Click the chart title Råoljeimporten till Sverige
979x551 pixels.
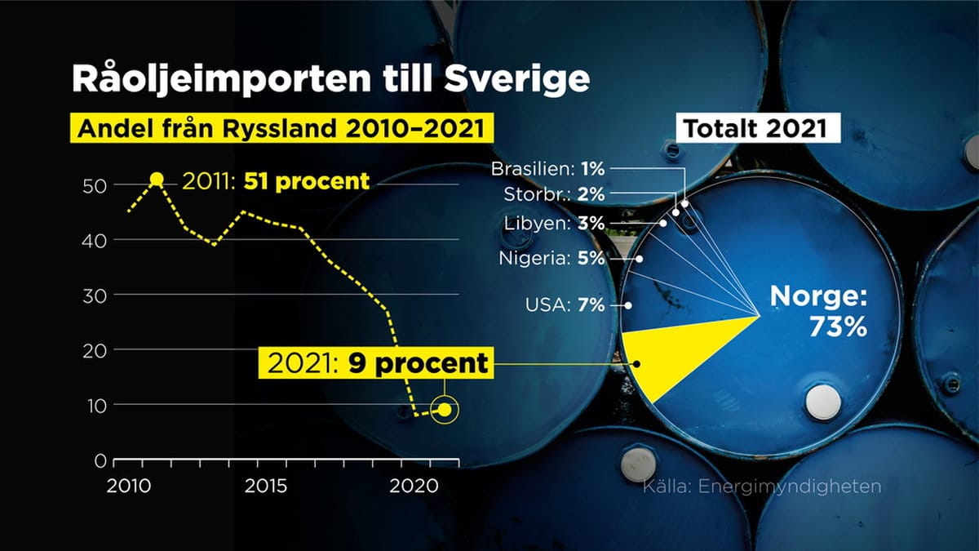331,79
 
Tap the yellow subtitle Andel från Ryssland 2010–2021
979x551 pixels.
282,128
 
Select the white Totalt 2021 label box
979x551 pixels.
758,128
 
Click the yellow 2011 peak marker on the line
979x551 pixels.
157,180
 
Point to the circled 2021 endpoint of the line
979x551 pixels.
445,410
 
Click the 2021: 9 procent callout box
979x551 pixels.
376,363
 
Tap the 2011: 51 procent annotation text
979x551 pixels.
276,181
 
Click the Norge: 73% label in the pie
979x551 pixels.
818,311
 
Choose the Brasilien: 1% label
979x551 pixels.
547,169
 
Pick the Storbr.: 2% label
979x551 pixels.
554,194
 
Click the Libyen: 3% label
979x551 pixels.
554,224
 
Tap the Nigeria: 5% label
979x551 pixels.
552,259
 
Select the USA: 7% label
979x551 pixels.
565,304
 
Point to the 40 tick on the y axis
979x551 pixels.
94,241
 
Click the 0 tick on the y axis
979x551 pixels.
100,460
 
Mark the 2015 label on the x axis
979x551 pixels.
266,487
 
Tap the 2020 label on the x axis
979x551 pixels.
414,487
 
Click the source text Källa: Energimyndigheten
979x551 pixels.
762,487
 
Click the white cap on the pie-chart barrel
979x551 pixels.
823,402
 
